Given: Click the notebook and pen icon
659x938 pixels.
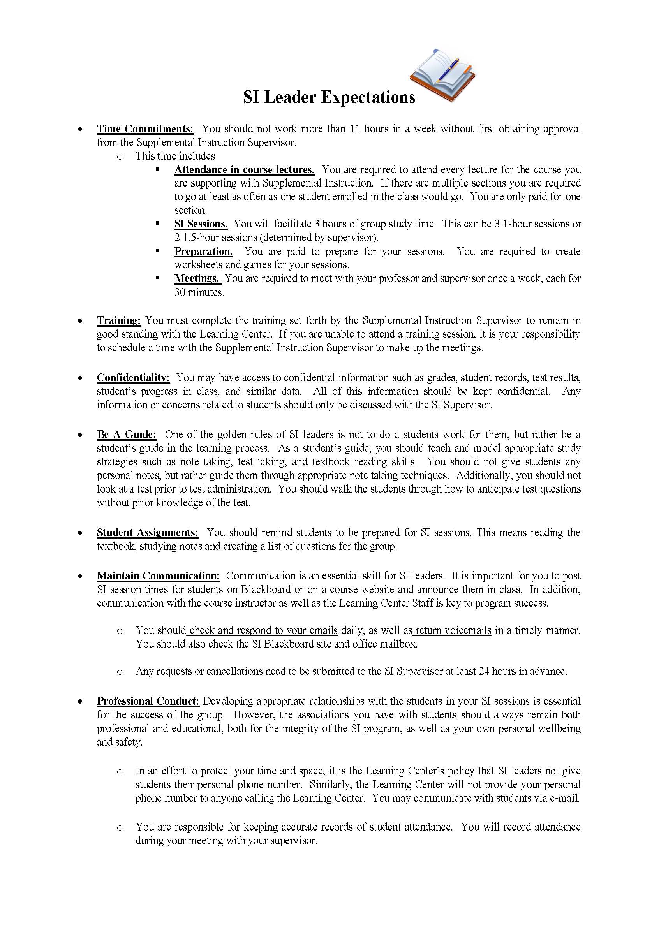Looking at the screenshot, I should point(442,76).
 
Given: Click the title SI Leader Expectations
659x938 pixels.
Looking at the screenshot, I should point(329,98).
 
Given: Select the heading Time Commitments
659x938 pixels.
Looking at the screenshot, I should point(145,129).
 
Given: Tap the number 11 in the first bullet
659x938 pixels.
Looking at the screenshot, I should point(354,129).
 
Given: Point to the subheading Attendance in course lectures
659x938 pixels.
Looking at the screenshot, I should point(244,169).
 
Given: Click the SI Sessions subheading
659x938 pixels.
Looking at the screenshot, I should point(201,224).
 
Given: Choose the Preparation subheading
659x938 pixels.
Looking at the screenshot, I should point(203,251).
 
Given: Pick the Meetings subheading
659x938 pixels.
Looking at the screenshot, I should point(197,278).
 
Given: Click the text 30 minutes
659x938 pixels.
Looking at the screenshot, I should point(199,292).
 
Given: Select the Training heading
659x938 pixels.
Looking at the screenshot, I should point(118,320).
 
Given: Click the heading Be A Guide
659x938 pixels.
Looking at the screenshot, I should point(126,434).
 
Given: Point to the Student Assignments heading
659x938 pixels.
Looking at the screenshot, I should point(147,532).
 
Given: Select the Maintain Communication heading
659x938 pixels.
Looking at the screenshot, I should point(158,575).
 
